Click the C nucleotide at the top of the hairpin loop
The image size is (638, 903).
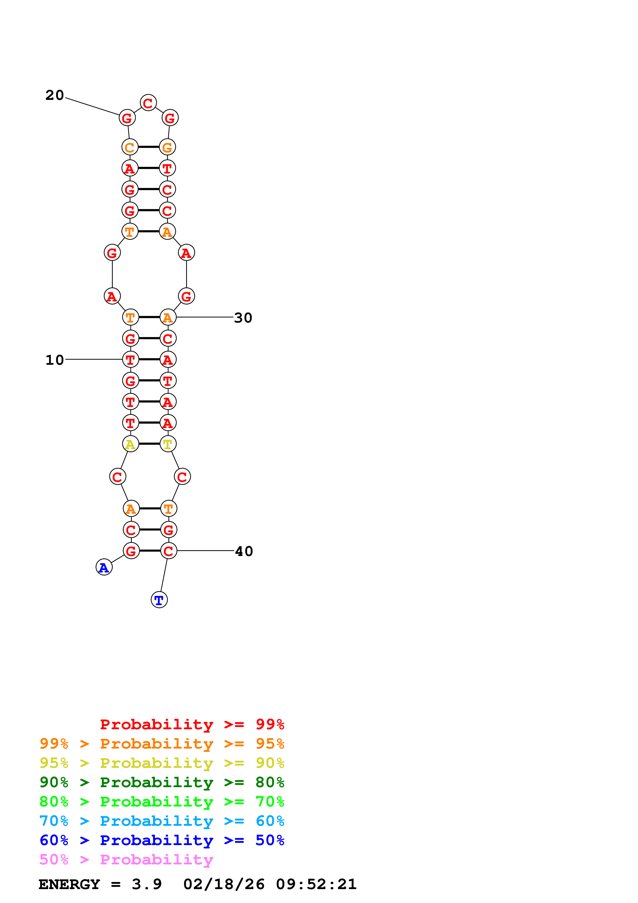[x=148, y=103]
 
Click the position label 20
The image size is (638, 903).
[x=54, y=95]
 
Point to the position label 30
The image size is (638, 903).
[x=243, y=318]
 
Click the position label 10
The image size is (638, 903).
[x=54, y=360]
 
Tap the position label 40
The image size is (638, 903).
[x=244, y=551]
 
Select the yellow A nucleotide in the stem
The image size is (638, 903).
[x=130, y=444]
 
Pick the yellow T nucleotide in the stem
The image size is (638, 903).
[x=168, y=444]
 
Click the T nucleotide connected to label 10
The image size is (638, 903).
[x=130, y=359]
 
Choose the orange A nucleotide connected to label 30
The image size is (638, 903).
[x=168, y=317]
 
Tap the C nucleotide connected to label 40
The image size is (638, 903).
[x=169, y=551]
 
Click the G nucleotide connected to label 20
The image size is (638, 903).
[x=127, y=118]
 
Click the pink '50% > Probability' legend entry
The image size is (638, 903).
[x=126, y=860]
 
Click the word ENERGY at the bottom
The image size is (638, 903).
[x=69, y=884]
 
